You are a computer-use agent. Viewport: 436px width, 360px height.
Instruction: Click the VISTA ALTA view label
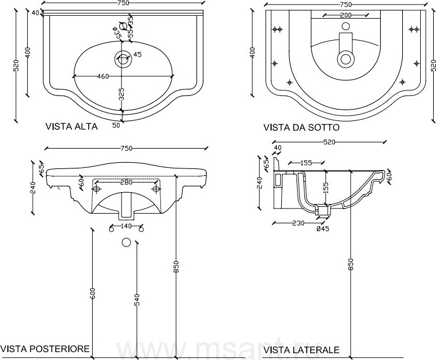(71, 127)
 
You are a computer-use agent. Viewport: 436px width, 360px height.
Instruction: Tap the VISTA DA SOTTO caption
(300, 128)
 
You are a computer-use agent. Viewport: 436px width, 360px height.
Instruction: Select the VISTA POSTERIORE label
(45, 349)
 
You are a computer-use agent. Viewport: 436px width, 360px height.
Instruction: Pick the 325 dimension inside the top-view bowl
(121, 93)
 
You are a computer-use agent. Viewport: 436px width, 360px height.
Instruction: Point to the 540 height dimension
(137, 300)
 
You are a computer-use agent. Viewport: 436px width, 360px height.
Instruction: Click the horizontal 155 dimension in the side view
(306, 163)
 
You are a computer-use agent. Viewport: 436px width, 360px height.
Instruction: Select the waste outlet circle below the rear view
(126, 242)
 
